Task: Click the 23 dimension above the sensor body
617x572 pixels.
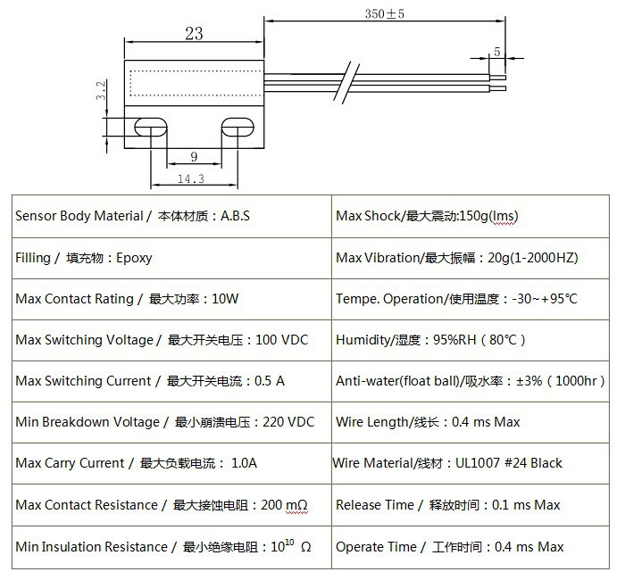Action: pyautogui.click(x=194, y=34)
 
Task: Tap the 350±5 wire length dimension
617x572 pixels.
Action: pyautogui.click(x=385, y=14)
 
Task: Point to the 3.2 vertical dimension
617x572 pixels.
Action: pyautogui.click(x=101, y=90)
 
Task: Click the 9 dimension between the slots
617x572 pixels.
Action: pyautogui.click(x=194, y=157)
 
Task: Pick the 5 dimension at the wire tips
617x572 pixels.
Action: pyautogui.click(x=496, y=52)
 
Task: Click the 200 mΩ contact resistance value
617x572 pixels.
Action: pyautogui.click(x=284, y=505)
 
